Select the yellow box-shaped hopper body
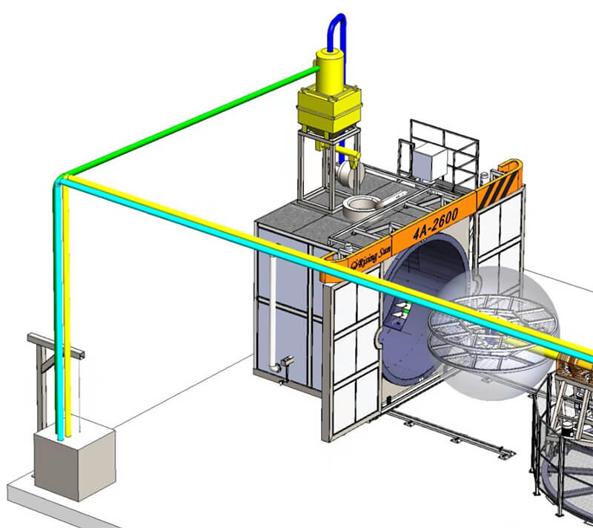(329, 110)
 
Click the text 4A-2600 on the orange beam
(435, 223)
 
